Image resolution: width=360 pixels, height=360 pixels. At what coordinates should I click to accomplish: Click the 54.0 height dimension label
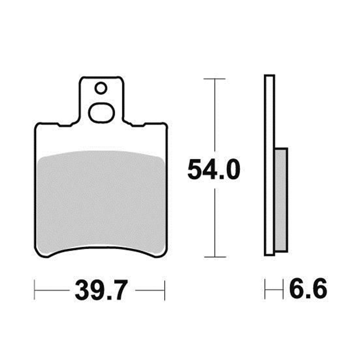(x=213, y=170)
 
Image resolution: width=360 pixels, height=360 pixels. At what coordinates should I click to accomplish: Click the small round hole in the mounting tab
(x=100, y=87)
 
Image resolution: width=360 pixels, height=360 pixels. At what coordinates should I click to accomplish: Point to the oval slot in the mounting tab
(x=102, y=113)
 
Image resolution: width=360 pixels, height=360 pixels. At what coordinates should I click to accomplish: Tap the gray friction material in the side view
(x=281, y=200)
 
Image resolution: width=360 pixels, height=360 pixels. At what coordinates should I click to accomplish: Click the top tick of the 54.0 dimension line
(x=215, y=78)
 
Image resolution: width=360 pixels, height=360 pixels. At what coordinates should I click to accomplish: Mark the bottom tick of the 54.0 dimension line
(x=215, y=257)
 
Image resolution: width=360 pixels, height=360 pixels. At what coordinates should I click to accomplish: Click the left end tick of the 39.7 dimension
(x=35, y=290)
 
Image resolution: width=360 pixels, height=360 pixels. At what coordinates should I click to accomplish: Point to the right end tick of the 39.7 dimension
(x=165, y=290)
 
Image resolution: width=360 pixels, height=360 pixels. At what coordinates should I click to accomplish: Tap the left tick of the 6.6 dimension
(x=265, y=289)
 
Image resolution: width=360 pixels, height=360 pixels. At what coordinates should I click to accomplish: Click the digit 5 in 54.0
(x=195, y=170)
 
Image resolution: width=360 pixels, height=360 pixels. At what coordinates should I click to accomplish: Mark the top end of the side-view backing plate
(x=269, y=76)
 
